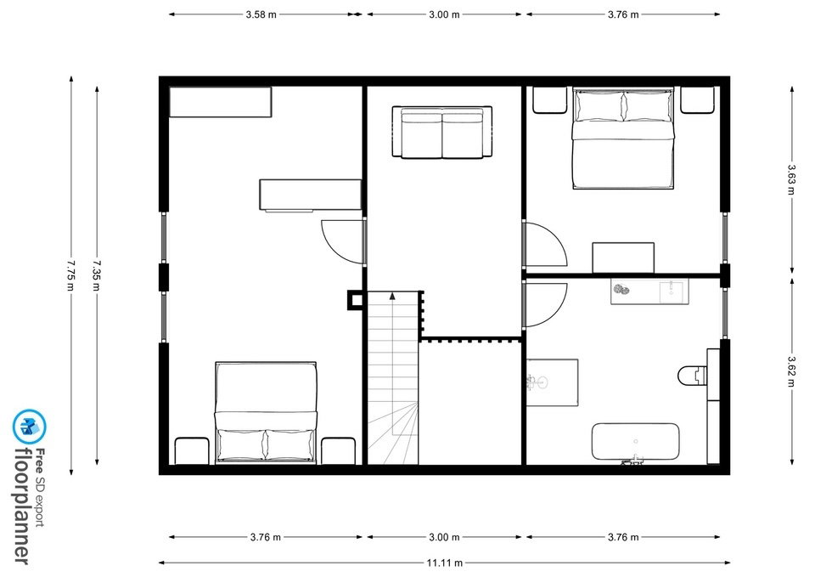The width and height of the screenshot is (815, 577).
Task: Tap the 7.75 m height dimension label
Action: pyautogui.click(x=71, y=275)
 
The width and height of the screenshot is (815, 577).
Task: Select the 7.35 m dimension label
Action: pyautogui.click(x=97, y=275)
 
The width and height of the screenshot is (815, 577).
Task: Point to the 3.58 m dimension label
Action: pyautogui.click(x=261, y=14)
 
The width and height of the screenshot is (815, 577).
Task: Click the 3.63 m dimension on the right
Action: pyautogui.click(x=791, y=179)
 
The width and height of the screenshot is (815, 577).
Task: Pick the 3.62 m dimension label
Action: pyautogui.click(x=791, y=371)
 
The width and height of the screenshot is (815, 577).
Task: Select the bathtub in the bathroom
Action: pyautogui.click(x=635, y=442)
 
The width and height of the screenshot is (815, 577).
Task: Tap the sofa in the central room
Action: pyautogui.click(x=441, y=133)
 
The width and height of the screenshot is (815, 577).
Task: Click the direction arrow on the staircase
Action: pyautogui.click(x=392, y=297)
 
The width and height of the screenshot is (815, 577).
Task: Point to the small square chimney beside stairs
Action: pyautogui.click(x=356, y=300)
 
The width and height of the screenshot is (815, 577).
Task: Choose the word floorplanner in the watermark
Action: pyautogui.click(x=22, y=506)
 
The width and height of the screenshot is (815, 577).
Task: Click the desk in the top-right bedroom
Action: pyautogui.click(x=623, y=257)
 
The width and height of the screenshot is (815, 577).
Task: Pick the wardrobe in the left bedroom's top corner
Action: pyautogui.click(x=221, y=102)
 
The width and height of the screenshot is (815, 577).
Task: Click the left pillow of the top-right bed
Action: pyautogui.click(x=599, y=106)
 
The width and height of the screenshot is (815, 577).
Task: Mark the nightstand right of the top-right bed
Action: pyautogui.click(x=698, y=100)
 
